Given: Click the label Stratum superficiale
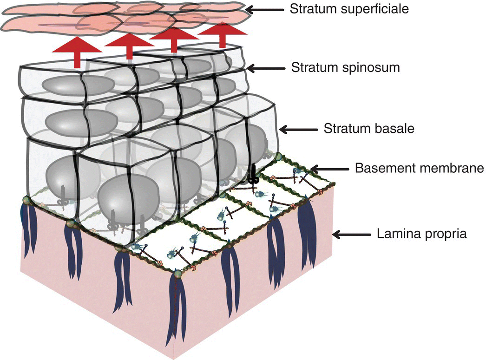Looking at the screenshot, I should (x=348, y=9).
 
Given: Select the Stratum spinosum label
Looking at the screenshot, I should (x=345, y=67).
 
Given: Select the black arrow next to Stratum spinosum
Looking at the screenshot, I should (x=265, y=68).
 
